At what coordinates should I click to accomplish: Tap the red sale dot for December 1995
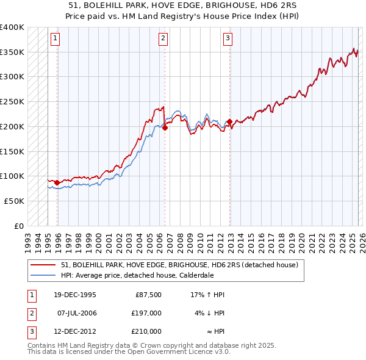click(x=57, y=182)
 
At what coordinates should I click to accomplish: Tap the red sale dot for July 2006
click(x=165, y=128)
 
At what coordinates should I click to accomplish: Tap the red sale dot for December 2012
click(x=229, y=122)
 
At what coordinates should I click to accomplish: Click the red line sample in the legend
click(x=43, y=265)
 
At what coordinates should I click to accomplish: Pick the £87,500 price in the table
click(x=148, y=295)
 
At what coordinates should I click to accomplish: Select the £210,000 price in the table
click(x=146, y=331)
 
